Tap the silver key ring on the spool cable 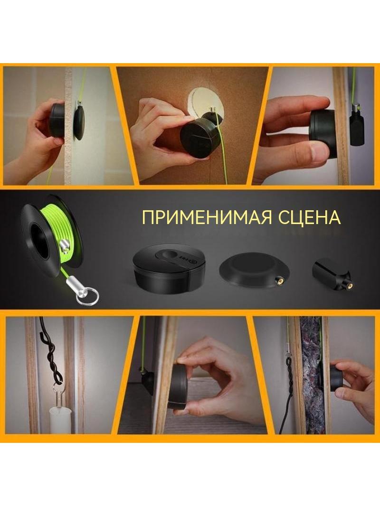tap(87, 296)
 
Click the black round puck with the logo tap(169, 269)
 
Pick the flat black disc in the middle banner tap(254, 270)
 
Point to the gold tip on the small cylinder tap(349, 285)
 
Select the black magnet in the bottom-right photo tap(337, 376)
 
